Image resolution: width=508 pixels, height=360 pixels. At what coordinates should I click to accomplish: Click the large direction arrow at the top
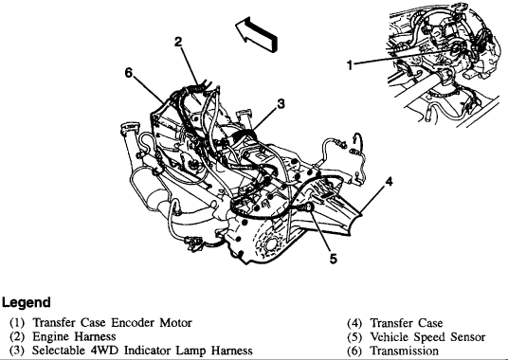257,34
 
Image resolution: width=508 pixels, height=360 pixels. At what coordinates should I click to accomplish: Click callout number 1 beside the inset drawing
349,65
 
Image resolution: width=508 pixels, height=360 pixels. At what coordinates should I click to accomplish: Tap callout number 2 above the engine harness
178,42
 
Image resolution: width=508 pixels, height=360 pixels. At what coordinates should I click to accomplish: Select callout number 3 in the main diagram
281,104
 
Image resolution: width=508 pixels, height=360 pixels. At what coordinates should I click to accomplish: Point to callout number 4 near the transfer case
389,182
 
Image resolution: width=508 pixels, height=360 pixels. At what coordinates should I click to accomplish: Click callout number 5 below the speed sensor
334,259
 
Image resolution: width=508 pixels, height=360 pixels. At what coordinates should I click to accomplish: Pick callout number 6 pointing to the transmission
129,73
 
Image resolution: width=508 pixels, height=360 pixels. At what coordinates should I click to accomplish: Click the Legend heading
27,303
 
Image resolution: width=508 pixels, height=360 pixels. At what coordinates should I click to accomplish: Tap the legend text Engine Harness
74,336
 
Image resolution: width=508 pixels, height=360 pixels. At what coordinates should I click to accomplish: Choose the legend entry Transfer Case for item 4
407,323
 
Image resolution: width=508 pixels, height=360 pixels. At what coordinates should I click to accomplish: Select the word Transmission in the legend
405,351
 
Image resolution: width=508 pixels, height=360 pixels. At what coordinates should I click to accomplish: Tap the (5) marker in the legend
354,337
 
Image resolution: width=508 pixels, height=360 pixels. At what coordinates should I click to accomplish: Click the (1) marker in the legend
17,323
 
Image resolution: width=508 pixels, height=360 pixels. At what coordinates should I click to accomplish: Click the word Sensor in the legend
467,337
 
